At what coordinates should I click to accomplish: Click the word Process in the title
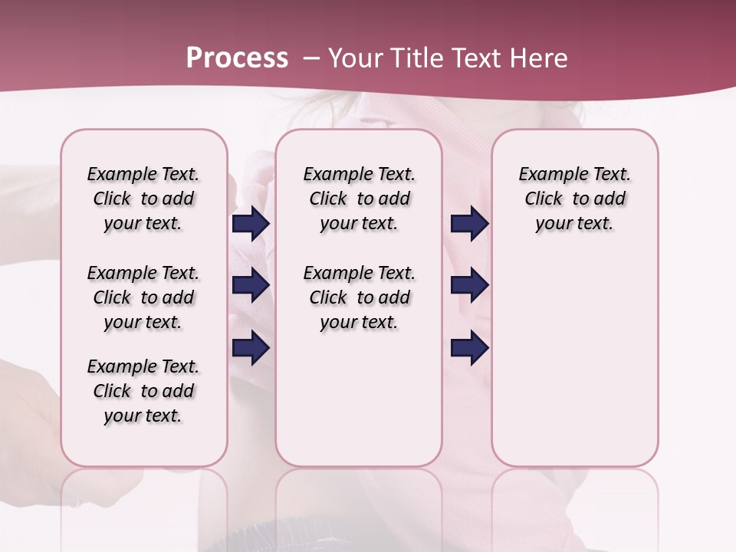(x=237, y=58)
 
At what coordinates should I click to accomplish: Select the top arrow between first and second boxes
(x=251, y=224)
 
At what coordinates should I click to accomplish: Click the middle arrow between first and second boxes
(x=251, y=285)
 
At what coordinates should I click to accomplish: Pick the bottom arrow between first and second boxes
(x=251, y=349)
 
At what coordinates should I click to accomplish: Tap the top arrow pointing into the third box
(x=469, y=224)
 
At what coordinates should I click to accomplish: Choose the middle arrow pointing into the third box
(x=469, y=285)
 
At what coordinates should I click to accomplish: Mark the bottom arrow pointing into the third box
(x=469, y=349)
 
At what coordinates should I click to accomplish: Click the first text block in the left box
(x=143, y=199)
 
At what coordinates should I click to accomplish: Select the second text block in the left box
(x=143, y=297)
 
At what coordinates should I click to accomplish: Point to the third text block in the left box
(x=143, y=391)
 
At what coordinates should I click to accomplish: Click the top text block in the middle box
(x=359, y=199)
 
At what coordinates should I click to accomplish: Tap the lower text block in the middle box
(x=359, y=297)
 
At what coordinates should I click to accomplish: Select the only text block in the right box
(x=574, y=199)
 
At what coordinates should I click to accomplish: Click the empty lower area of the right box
(x=574, y=360)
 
